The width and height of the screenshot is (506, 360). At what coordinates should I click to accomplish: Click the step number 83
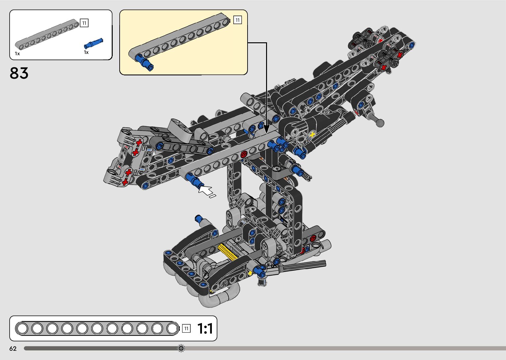coord(19,73)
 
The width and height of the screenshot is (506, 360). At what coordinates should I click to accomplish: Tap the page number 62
coord(13,348)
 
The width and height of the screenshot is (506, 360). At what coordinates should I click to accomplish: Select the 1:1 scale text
coord(205,328)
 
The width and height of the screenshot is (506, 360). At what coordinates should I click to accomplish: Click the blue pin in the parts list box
coord(93,43)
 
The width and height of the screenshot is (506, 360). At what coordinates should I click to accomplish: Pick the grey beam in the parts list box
coord(47,34)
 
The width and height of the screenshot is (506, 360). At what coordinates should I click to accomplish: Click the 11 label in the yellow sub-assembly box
coord(237,20)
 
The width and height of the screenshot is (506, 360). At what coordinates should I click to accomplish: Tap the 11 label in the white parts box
coord(84,23)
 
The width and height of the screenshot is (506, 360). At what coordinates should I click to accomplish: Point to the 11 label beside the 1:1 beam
coord(186,328)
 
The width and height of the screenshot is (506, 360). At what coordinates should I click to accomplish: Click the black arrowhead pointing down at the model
coord(267,129)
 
